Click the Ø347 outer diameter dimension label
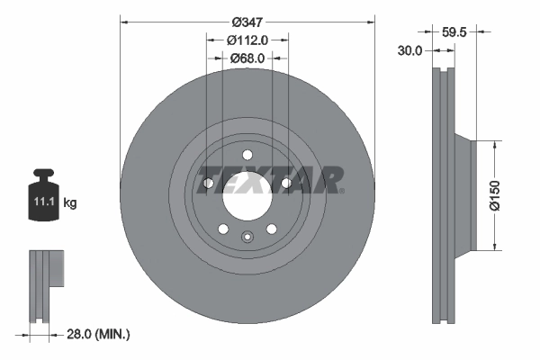point(247,21)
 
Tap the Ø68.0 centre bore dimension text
point(247,58)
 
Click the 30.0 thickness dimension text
point(409,50)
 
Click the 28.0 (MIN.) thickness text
point(99,334)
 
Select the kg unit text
point(70,203)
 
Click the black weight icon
point(44,193)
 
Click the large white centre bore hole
point(247,194)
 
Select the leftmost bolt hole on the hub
point(208,184)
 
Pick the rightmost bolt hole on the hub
point(286,184)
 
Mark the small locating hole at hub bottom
point(247,238)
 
